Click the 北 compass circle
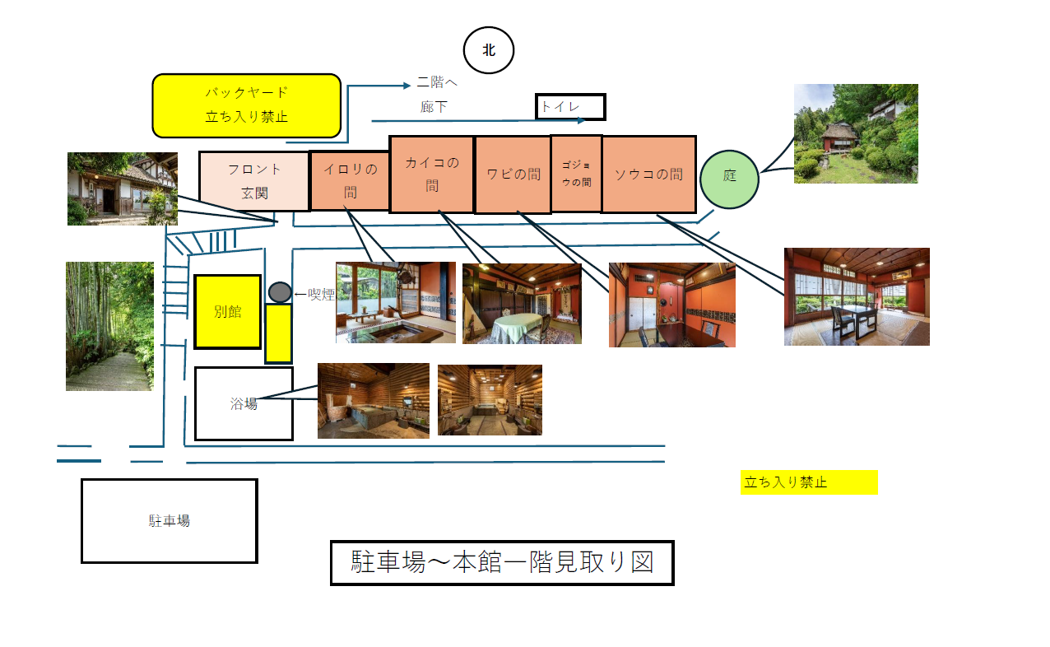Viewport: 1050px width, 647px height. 489,50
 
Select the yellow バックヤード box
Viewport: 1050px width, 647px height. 247,105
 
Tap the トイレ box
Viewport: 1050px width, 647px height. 570,107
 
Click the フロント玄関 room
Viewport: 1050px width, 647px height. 254,181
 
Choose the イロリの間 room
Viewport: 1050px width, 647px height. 350,180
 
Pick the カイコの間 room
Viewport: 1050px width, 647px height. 432,175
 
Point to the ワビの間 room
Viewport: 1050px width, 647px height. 513,175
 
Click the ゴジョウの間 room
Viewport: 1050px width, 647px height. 577,174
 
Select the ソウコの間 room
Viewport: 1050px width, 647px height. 649,175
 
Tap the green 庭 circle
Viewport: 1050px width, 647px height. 729,179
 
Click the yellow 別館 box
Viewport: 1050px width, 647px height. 228,312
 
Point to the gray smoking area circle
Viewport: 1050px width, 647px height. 280,292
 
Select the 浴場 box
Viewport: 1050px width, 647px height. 244,403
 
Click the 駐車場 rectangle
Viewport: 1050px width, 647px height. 170,520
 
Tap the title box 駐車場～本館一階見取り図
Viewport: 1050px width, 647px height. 502,562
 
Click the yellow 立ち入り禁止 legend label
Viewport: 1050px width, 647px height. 809,482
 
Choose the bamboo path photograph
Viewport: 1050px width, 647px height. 109,326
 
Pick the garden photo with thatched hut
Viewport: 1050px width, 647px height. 856,133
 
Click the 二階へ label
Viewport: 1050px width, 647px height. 437,82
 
